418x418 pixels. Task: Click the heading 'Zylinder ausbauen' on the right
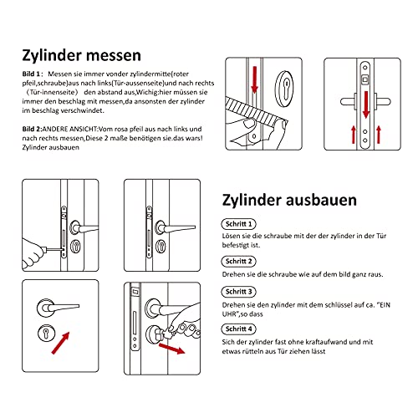[x=289, y=201]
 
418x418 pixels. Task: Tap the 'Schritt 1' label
[x=240, y=225]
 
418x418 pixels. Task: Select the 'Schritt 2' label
[x=240, y=261]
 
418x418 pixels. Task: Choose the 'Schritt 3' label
[x=240, y=291]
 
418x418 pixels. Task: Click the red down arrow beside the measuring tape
[x=253, y=80]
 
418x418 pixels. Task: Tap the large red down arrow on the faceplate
[x=365, y=106]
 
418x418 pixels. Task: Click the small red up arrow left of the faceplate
[x=353, y=132]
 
